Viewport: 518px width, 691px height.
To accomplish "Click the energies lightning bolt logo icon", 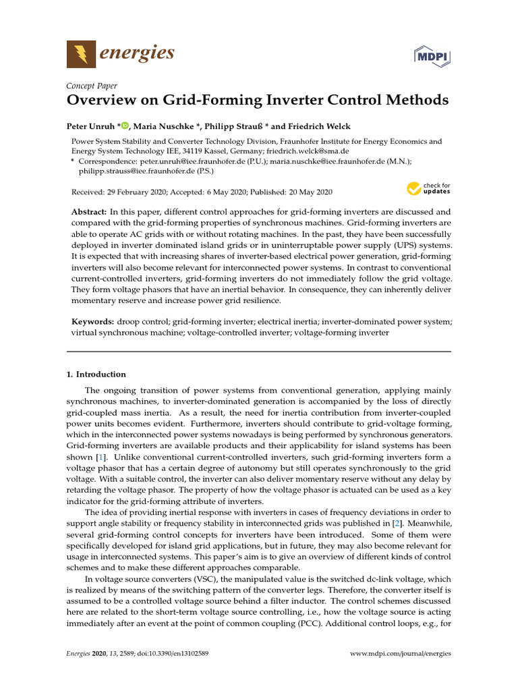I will coord(81,53).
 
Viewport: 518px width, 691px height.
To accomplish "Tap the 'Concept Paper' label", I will coord(91,86).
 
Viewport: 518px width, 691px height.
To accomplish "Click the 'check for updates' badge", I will coord(428,189).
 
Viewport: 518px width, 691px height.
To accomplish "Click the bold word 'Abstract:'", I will coord(89,212).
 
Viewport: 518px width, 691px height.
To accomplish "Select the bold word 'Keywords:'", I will coord(92,322).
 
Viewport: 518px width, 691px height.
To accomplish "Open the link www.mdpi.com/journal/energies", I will coord(401,654).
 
